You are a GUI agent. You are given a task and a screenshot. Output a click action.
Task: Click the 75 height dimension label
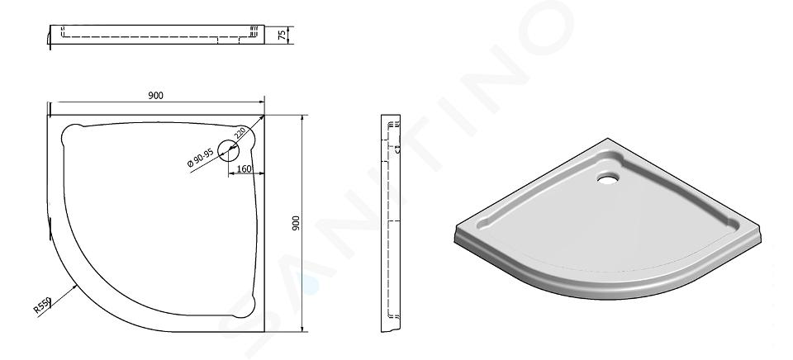click(x=281, y=35)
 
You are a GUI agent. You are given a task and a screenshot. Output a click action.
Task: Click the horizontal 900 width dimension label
click(x=156, y=96)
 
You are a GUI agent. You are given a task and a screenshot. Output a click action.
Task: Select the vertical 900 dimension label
click(x=296, y=223)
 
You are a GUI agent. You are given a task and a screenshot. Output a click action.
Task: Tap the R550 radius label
click(x=42, y=306)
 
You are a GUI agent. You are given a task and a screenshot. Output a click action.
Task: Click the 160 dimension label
click(x=244, y=169)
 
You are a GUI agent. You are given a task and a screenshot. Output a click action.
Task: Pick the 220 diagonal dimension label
click(x=240, y=134)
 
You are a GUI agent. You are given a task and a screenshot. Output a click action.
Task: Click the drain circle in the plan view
click(x=229, y=150)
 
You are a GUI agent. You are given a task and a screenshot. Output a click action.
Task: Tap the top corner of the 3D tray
click(x=607, y=139)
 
